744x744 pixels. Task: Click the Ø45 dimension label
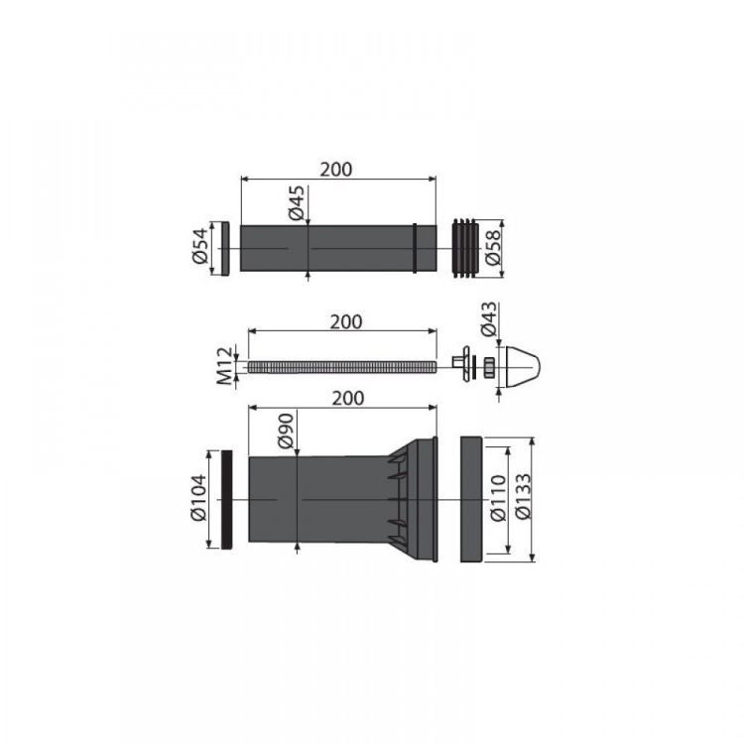tap(296, 203)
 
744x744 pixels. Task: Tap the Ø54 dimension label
tap(199, 246)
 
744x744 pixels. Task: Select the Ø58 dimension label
tap(492, 247)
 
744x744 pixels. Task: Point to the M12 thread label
tap(225, 366)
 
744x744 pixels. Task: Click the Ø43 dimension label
tap(489, 318)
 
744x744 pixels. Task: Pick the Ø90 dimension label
tap(286, 432)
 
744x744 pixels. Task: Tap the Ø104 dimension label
tap(198, 497)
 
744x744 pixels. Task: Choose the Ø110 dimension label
tap(498, 499)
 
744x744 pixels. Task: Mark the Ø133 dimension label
tap(524, 496)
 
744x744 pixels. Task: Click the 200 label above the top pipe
tap(336, 170)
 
